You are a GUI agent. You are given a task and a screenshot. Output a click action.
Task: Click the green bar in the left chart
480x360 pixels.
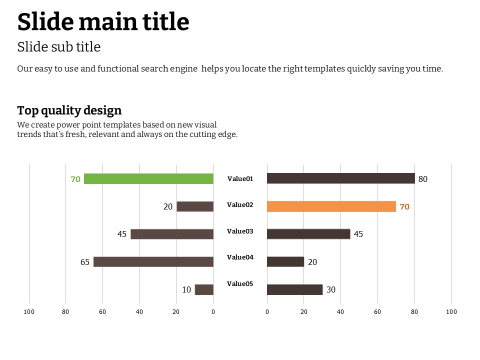(x=148, y=179)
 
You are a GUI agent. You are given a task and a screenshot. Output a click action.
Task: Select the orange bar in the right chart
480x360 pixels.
(x=331, y=206)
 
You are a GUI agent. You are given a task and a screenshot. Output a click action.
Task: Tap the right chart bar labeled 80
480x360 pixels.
(x=340, y=178)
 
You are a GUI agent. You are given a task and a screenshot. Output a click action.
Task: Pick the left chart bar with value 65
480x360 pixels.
(x=153, y=261)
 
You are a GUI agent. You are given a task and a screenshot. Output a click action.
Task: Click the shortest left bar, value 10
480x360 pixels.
(x=204, y=289)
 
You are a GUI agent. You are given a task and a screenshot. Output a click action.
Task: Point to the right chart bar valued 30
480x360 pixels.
(x=294, y=289)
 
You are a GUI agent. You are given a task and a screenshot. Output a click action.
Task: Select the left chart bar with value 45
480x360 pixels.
(x=171, y=234)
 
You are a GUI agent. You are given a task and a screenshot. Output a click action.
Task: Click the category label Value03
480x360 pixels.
(x=240, y=231)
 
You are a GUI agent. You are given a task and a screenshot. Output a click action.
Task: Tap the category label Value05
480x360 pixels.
(x=240, y=284)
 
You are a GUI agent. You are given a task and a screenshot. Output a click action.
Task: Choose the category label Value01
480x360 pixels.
(x=240, y=178)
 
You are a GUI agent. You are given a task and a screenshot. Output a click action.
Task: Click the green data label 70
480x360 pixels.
(x=75, y=179)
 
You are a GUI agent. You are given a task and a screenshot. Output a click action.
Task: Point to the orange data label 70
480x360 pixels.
(x=404, y=206)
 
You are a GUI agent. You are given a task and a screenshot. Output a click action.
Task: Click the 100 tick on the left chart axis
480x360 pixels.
(x=29, y=312)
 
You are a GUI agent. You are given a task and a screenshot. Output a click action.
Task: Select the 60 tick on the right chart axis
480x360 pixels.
(x=377, y=312)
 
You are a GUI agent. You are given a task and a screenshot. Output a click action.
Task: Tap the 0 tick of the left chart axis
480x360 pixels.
(x=213, y=312)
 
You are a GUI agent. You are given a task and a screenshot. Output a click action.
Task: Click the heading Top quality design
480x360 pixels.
(x=69, y=110)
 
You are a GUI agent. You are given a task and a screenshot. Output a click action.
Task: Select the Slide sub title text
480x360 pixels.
(x=59, y=47)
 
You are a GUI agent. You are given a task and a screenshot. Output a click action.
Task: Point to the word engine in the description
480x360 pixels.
(x=184, y=68)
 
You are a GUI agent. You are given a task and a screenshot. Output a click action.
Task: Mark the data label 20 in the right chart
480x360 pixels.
(x=312, y=262)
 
